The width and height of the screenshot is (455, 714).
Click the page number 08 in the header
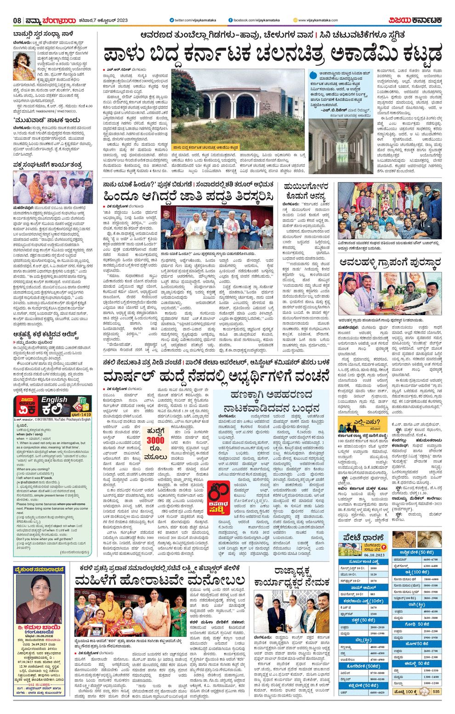(17, 20)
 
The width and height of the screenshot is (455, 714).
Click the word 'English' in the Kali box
(54, 400)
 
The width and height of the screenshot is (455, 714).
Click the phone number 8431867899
(38, 419)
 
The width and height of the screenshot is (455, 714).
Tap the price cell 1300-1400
(430, 676)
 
